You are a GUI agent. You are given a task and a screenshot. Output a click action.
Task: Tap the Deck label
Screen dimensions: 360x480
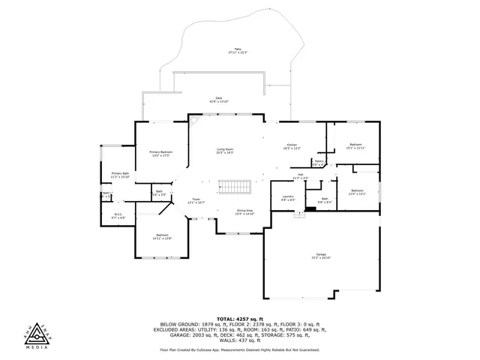[x=219, y=100]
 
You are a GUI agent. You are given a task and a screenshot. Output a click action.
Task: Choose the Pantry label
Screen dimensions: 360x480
[x=319, y=162]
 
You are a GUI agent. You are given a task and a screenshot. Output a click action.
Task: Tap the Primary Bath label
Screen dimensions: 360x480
[x=121, y=175]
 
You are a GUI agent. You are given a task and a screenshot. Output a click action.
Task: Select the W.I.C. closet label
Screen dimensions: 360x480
[x=118, y=215]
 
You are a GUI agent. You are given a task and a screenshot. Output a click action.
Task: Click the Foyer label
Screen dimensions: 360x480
[x=195, y=201]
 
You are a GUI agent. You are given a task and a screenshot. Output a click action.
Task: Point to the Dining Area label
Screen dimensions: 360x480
[x=245, y=212]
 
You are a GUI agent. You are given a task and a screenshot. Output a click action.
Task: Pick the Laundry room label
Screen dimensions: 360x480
[x=288, y=198]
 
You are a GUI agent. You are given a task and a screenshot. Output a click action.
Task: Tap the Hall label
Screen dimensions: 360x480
[x=299, y=175]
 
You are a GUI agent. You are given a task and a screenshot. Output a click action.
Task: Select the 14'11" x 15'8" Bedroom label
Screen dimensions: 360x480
[x=163, y=236]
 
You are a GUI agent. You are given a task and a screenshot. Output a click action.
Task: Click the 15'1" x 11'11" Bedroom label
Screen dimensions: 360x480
[x=355, y=146]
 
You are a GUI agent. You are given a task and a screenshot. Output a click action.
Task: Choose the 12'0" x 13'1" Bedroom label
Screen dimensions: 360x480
[x=357, y=192]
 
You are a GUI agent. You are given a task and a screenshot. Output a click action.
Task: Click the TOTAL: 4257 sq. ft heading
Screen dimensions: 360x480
[x=239, y=318]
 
